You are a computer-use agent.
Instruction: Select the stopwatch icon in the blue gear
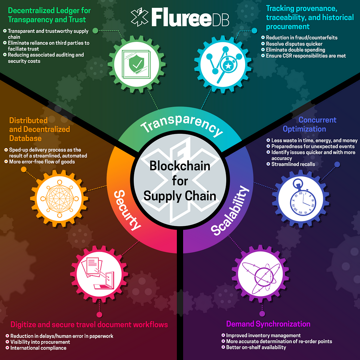pos(301,198)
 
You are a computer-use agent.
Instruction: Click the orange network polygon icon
pos(59,199)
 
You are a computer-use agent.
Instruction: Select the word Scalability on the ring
pos(230,210)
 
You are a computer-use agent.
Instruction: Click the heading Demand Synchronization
pos(268,324)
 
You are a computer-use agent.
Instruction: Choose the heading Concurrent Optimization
pos(310,124)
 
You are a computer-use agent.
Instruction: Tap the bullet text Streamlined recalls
pos(293,164)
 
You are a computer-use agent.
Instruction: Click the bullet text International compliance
pos(39,348)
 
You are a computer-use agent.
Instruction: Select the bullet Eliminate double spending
pos(295,50)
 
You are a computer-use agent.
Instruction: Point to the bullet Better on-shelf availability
pos(256,347)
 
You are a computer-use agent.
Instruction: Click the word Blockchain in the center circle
pos(180,166)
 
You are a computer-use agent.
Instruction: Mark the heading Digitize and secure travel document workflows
pos(89,324)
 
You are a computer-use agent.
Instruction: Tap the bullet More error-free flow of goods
pos(42,161)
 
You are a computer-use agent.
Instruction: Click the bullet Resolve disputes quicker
pos(294,44)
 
